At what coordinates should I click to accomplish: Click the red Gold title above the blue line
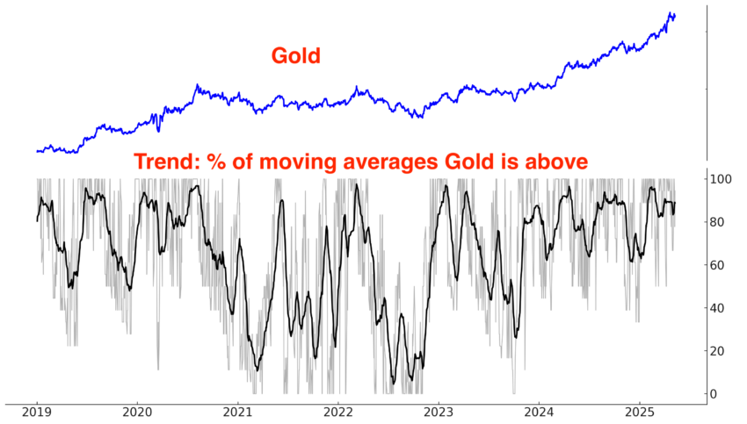(295, 57)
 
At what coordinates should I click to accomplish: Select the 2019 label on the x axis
(36, 412)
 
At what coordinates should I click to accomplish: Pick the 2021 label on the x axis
(238, 412)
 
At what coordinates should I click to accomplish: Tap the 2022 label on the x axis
(338, 412)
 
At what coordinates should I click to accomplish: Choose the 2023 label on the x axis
(439, 412)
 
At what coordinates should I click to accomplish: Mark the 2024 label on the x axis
(540, 412)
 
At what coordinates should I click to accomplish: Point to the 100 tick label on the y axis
(722, 179)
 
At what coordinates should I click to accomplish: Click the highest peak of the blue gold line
(671, 13)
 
